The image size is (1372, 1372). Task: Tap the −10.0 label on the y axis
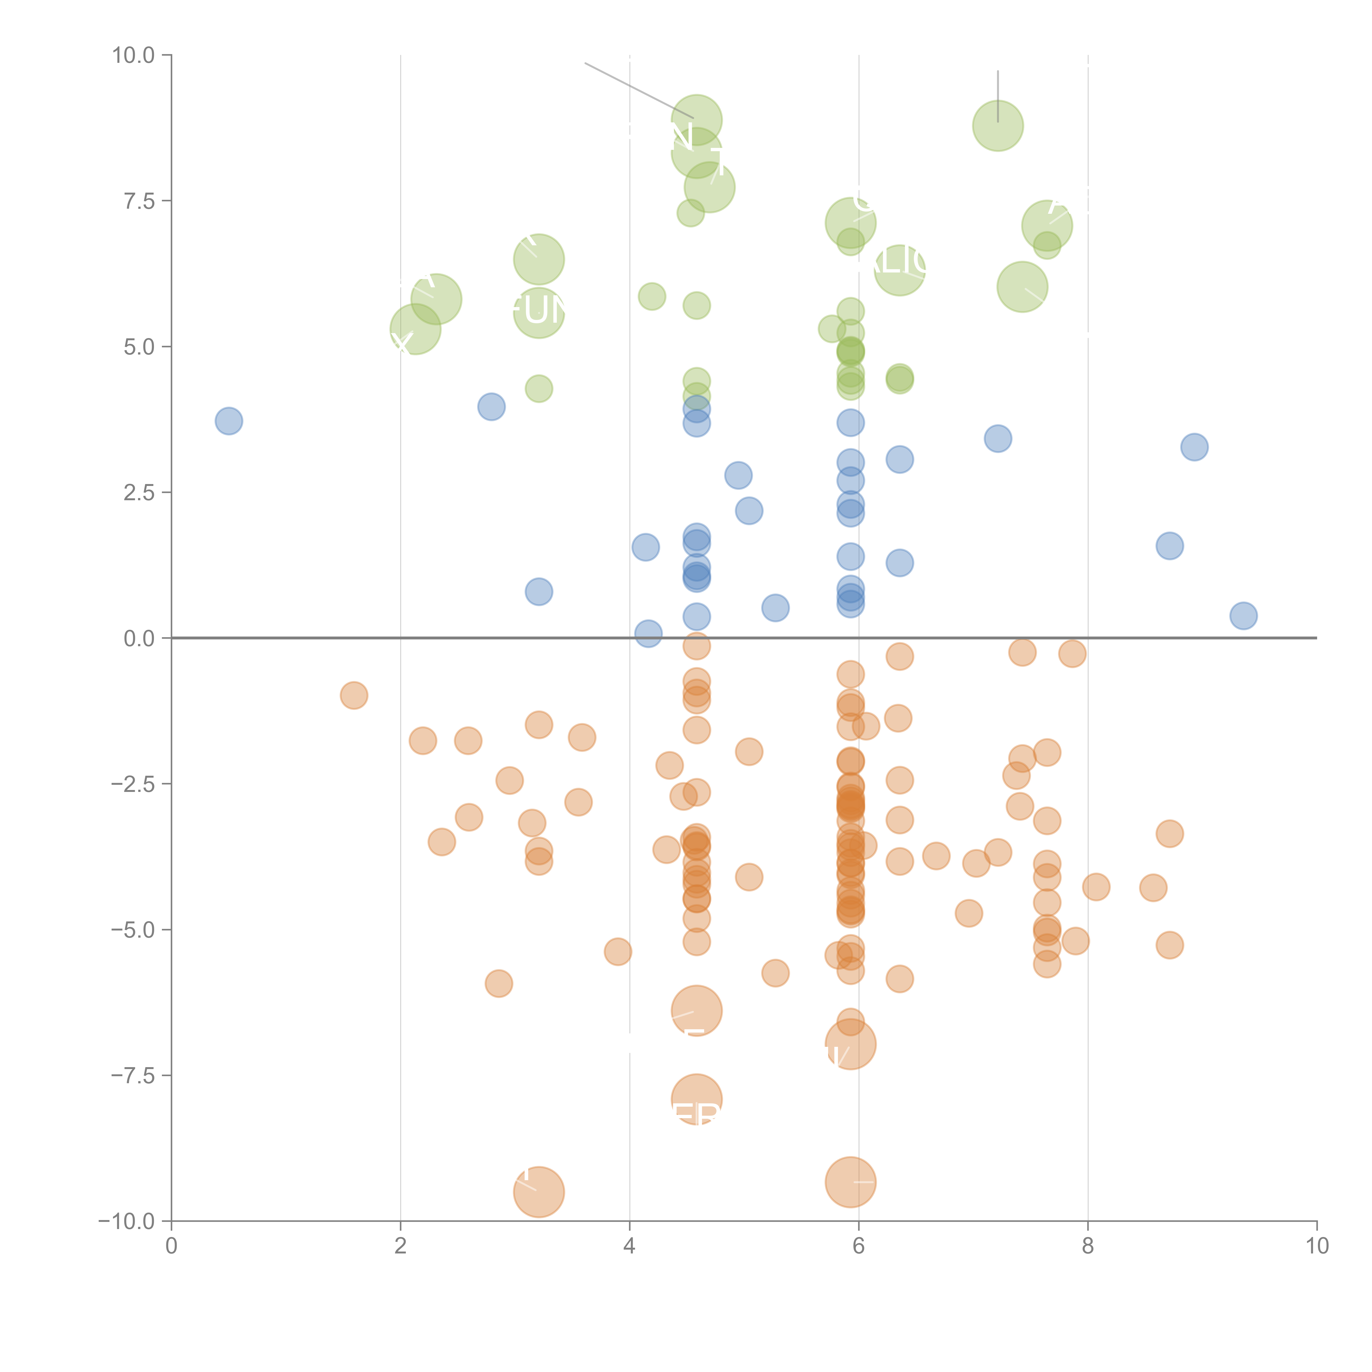pos(126,1221)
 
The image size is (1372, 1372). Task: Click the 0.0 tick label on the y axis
pos(139,639)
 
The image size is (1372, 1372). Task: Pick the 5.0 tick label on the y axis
pos(139,347)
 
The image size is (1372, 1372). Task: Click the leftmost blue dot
pos(229,421)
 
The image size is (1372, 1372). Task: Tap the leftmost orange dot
pos(354,695)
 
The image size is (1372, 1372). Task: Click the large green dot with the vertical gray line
pos(998,126)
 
